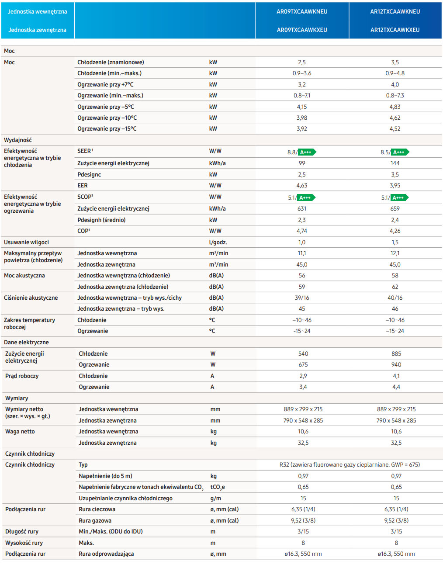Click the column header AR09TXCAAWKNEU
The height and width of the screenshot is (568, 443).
tap(301, 11)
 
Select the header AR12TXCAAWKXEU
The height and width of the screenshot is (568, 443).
tap(395, 30)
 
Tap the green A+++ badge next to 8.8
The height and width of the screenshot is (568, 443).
tap(307, 152)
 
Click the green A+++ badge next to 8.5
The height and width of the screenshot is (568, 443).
tap(400, 152)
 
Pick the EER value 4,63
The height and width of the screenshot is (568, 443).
tap(301, 185)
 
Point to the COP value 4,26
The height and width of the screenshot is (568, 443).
tap(395, 231)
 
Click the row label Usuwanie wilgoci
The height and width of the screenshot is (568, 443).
tap(26, 242)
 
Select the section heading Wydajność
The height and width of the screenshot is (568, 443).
tap(17, 140)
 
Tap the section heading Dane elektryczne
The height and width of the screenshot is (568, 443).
tap(26, 342)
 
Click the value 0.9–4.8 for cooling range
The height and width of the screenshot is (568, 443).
tap(395, 73)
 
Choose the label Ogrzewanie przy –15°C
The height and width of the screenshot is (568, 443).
tap(107, 128)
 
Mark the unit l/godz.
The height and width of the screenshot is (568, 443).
tap(218, 242)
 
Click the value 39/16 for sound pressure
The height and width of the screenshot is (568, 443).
tap(301, 298)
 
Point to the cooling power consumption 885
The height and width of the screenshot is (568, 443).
tap(396, 353)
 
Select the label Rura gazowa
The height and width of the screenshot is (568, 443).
tap(95, 520)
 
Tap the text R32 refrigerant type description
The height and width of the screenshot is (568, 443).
tap(350, 464)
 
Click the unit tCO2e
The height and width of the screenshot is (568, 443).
tap(218, 487)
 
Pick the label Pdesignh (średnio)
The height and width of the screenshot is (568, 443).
tap(101, 220)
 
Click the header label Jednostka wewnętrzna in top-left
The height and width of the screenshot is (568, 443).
tap(38, 11)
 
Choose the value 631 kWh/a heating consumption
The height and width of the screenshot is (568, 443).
tap(301, 208)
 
